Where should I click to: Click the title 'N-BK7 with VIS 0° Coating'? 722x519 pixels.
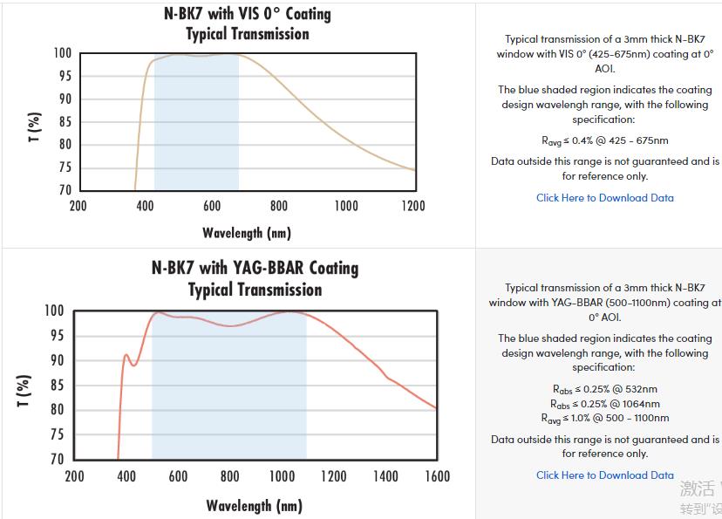tap(248, 14)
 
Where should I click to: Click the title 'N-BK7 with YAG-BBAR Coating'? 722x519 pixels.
tap(255, 268)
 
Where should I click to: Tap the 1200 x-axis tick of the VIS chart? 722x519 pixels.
tap(413, 206)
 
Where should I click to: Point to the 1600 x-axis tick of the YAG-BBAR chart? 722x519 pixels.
tap(437, 475)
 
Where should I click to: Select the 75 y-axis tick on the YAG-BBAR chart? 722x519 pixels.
tap(57, 434)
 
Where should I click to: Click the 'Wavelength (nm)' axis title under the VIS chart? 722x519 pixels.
tap(247, 233)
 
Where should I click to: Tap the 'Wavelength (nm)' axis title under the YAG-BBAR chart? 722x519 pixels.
tap(254, 506)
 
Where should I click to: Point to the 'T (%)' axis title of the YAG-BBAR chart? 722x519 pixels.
tap(24, 390)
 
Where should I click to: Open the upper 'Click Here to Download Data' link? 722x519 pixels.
tap(604, 198)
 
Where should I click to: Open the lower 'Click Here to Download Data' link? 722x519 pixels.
tap(604, 475)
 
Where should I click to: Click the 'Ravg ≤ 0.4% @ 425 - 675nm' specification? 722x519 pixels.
tap(604, 140)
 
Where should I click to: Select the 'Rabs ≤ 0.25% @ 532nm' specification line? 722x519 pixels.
tap(604, 389)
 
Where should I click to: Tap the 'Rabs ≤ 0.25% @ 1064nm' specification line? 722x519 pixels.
tap(604, 404)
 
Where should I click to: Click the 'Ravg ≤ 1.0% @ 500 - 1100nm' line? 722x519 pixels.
tap(604, 419)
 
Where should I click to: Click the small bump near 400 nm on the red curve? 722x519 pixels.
tap(126, 355)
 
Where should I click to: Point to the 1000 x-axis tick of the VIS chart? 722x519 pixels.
tap(346, 206)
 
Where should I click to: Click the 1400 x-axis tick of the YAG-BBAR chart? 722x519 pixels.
tap(385, 475)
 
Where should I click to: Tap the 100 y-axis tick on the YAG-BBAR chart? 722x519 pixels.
tap(54, 311)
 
